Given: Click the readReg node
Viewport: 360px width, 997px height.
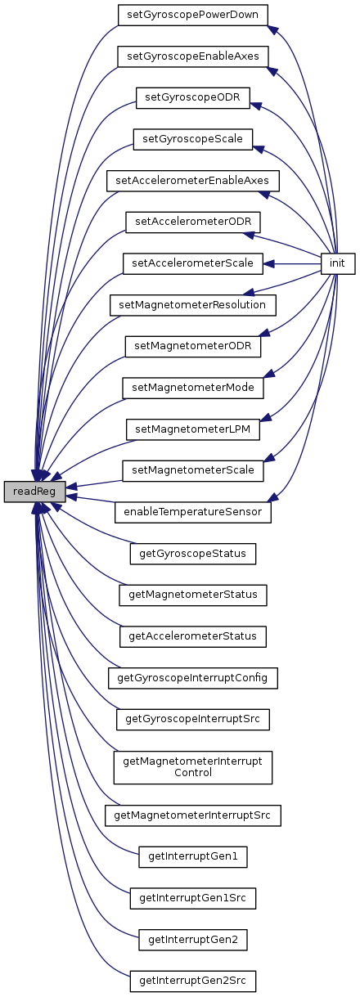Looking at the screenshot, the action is click(34, 492).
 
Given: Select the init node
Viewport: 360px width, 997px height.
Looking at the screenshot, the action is click(338, 263).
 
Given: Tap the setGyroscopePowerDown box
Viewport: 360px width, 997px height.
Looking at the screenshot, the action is click(193, 15).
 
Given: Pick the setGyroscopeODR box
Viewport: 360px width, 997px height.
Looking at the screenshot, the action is click(193, 97).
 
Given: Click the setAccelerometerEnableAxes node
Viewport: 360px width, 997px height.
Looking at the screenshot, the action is click(193, 181).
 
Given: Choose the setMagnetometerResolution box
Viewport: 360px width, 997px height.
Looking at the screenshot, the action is click(193, 305).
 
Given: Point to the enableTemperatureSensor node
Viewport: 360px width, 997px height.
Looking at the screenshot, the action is click(193, 512).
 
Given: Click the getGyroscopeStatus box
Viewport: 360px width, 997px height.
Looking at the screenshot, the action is click(193, 554).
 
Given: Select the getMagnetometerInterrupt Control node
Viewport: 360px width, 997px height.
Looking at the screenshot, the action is click(193, 767).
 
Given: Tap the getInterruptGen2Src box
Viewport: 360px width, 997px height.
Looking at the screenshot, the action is click(193, 981).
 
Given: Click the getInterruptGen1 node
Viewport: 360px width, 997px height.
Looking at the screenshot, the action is click(193, 856).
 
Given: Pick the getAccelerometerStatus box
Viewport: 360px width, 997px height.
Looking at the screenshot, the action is click(193, 636).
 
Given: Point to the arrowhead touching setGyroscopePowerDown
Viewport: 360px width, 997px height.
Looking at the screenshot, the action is click(273, 30).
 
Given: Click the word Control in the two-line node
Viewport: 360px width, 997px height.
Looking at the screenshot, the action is click(193, 772).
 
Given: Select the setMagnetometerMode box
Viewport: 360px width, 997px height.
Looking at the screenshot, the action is click(193, 388).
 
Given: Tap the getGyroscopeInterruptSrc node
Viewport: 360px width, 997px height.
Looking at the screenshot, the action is click(193, 719).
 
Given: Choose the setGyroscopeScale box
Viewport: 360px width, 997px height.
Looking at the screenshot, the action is click(193, 139).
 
